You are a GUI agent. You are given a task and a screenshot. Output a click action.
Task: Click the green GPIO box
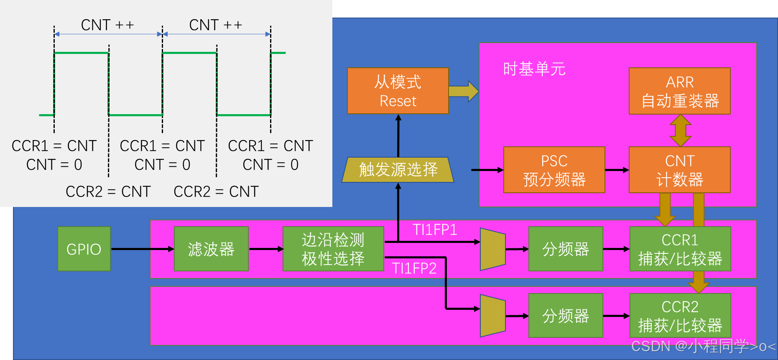click(84, 249)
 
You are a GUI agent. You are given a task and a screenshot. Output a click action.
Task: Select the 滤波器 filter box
click(211, 249)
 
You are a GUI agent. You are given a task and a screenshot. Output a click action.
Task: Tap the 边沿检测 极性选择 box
click(333, 249)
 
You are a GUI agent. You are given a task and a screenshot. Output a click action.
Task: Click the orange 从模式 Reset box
click(398, 91)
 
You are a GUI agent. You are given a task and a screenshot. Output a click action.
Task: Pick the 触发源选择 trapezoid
click(398, 170)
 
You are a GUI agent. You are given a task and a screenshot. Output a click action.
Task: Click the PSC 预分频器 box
click(554, 170)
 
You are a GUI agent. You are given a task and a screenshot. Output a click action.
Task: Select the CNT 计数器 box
click(679, 170)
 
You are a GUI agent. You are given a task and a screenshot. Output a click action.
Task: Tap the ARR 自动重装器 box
click(679, 91)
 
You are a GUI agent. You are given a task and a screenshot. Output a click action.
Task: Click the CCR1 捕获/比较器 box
click(680, 249)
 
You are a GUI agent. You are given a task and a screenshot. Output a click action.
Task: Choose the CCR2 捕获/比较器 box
click(680, 316)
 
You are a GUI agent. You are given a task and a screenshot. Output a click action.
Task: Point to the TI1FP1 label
click(435, 230)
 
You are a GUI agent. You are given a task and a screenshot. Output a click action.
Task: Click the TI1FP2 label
click(414, 268)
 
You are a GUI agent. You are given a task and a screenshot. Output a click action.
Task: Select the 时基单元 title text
click(534, 69)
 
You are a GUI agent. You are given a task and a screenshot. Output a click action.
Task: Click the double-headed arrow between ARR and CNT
click(680, 130)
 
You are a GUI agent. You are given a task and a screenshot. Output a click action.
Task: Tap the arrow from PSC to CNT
click(617, 170)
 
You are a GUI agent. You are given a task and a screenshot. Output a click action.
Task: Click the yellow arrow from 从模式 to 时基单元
click(463, 91)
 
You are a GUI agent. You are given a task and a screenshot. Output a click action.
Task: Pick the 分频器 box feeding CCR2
click(565, 316)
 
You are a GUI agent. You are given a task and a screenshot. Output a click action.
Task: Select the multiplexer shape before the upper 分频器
click(492, 249)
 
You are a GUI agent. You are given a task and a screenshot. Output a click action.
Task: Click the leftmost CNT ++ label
click(107, 25)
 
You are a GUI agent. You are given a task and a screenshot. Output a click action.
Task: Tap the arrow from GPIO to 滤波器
click(142, 249)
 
